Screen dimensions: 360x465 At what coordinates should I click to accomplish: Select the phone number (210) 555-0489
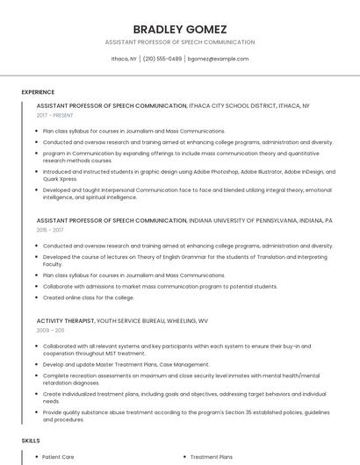pos(162,59)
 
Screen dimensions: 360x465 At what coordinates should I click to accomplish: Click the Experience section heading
pos(38,91)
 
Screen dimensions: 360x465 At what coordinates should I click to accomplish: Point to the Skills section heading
pos(31,440)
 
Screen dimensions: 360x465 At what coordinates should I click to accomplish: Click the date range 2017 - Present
pos(54,115)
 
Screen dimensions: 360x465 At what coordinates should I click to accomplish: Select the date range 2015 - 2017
pos(51,230)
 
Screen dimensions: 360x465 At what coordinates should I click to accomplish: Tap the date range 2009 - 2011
pos(51,330)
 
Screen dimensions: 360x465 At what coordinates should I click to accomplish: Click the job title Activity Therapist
pos(65,321)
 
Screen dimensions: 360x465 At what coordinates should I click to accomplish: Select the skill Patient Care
pos(58,457)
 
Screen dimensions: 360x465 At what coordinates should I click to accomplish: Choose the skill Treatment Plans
pos(212,457)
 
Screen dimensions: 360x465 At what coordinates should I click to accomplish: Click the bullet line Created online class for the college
pos(88,297)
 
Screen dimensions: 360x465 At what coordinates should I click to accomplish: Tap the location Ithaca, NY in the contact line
pos(124,59)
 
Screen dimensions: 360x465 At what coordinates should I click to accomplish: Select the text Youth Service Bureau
pos(133,321)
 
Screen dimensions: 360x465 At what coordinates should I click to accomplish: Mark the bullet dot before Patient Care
pos(34,457)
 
